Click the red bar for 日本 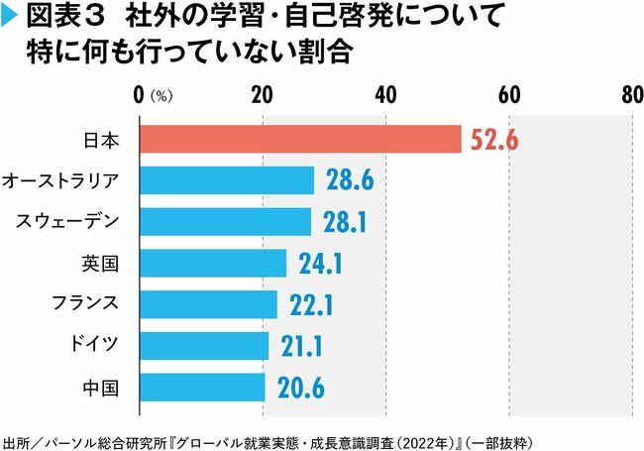point(300,140)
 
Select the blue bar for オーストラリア point(226,180)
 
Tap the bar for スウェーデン point(225,222)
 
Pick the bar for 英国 point(212,263)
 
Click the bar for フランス point(206,303)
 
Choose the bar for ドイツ point(203,345)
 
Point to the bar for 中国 point(201,386)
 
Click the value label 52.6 point(494,140)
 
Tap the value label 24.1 point(319,264)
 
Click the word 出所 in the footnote point(17,437)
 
